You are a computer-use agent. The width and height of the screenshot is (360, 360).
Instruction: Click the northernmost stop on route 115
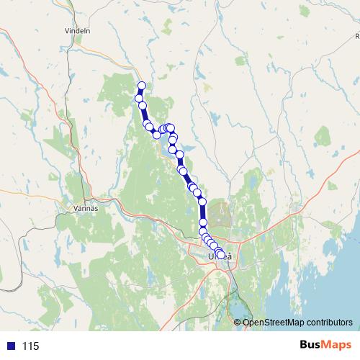[142, 86]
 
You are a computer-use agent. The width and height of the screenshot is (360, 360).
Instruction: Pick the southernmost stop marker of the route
[221, 256]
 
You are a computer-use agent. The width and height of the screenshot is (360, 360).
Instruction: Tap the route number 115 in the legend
[30, 346]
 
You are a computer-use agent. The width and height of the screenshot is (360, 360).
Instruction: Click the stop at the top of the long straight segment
[203, 202]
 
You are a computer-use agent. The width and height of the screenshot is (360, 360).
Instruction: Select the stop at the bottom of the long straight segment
[203, 230]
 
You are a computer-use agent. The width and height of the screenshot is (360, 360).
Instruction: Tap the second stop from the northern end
[139, 98]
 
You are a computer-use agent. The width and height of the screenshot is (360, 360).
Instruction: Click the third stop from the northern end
[143, 107]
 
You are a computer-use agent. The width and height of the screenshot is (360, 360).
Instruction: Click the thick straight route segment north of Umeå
[203, 216]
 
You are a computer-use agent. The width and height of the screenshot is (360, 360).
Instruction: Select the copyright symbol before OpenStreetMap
[238, 322]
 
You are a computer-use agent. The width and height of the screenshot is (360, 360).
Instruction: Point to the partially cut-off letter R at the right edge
[356, 34]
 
